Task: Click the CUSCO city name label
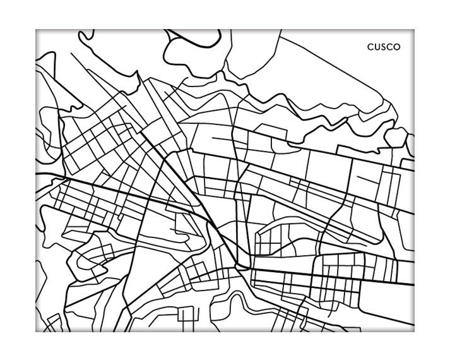pos(384,47)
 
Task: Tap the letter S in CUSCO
pos(384,47)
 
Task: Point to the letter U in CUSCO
pos(377,47)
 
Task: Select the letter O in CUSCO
pos(396,47)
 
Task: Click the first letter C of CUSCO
pos(370,47)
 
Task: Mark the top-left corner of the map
pos(36,30)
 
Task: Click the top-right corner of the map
pos(414,30)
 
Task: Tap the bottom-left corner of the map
pos(36,331)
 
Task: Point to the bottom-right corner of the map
pos(414,331)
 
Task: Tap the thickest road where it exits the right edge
pos(410,285)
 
